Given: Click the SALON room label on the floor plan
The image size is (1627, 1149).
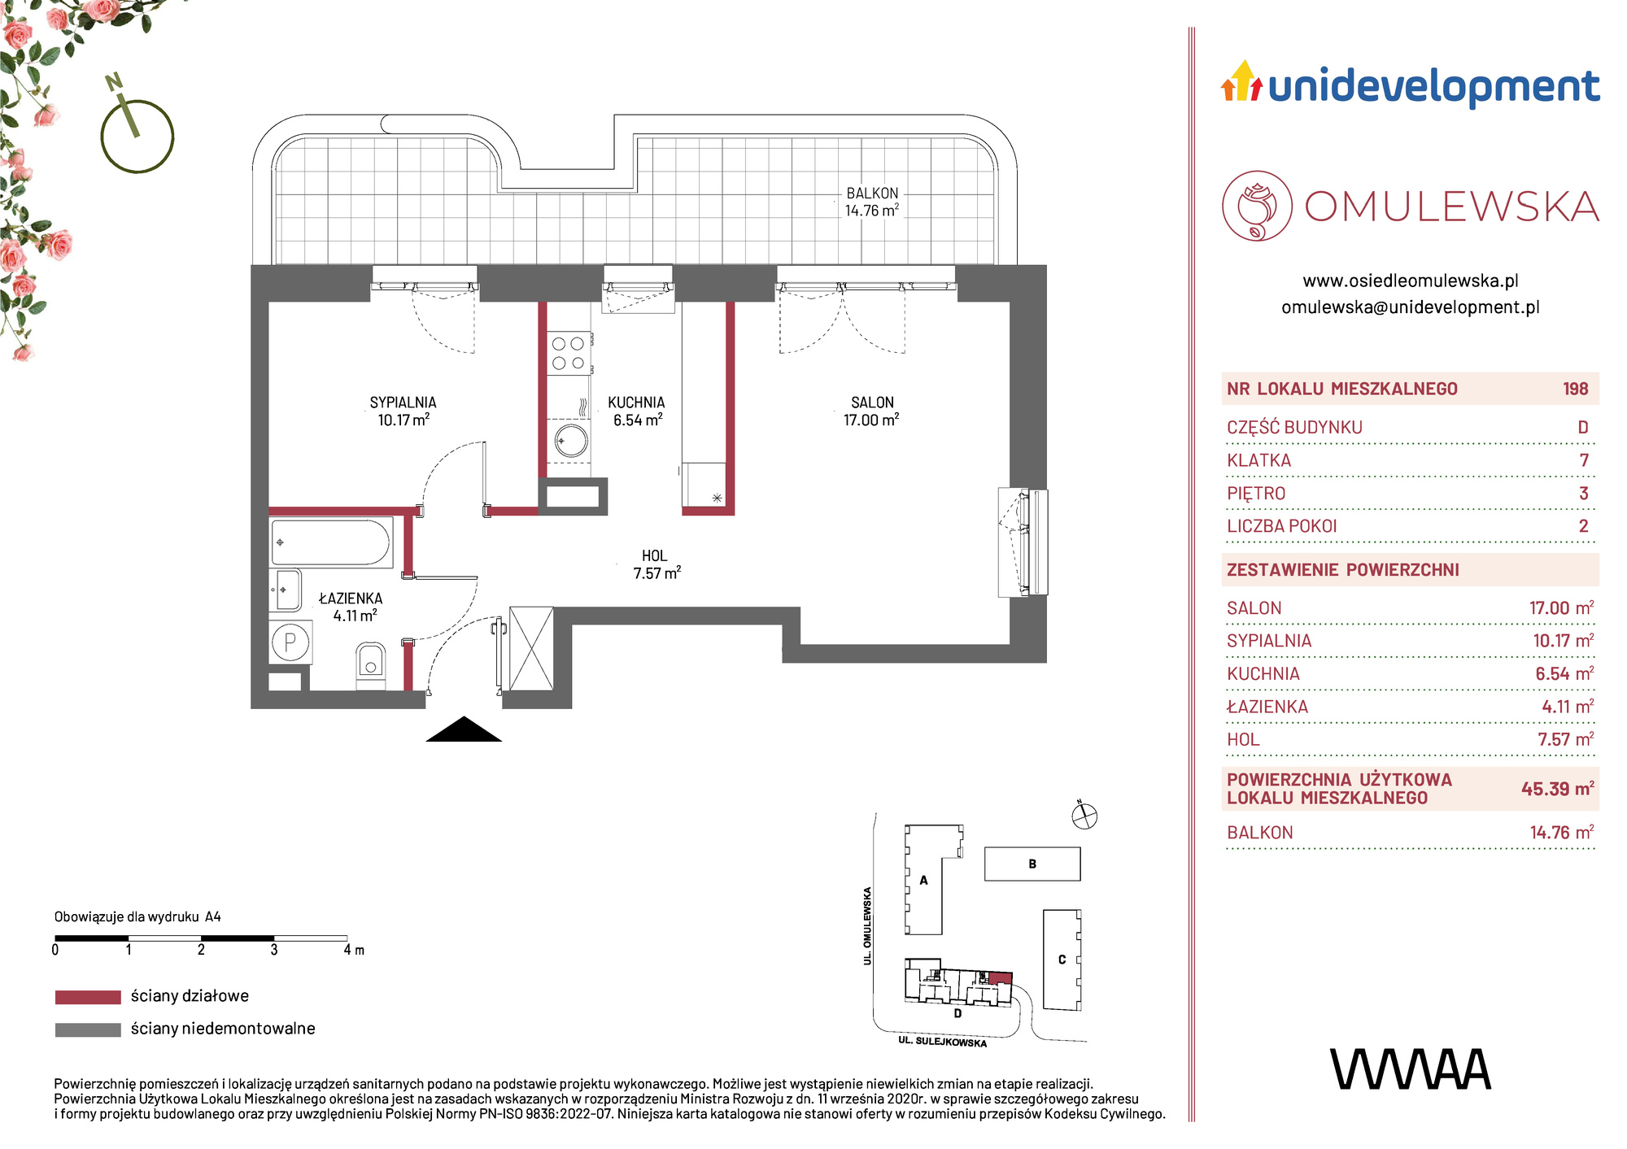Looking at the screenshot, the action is point(872,403).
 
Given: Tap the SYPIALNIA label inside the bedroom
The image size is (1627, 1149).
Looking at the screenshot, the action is point(403,403).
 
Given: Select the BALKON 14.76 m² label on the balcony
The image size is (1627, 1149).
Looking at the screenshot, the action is point(872,202).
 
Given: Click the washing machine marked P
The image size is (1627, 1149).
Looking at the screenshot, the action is point(290,642).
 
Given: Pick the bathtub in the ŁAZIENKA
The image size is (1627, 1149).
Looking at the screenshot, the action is point(332,542).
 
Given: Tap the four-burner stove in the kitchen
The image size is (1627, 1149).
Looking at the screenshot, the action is point(569,353).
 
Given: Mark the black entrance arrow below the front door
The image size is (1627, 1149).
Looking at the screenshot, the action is point(464,729).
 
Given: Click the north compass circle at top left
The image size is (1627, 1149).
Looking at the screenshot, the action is point(137,136).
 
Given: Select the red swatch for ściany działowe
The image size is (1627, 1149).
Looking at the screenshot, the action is point(88,997).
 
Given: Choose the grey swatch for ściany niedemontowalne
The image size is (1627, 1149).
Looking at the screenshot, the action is point(88,1029).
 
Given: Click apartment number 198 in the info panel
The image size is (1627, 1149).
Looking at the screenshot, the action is point(1575,389).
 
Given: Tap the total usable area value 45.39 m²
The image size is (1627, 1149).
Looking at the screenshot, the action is point(1557,789).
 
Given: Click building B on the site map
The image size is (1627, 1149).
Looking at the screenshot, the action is point(1032,864).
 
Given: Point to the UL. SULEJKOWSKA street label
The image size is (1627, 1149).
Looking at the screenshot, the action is point(942,1042).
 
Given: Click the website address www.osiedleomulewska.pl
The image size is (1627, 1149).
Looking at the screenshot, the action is point(1411,281).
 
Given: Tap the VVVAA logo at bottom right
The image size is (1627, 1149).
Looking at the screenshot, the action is point(1411,1069).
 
